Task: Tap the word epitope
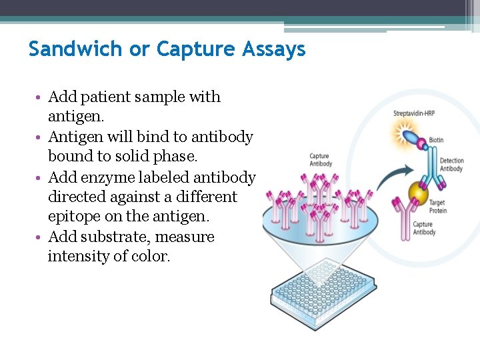pyautogui.click(x=74, y=217)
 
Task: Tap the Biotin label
pyautogui.click(x=436, y=140)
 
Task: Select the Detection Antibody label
pyautogui.click(x=451, y=165)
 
